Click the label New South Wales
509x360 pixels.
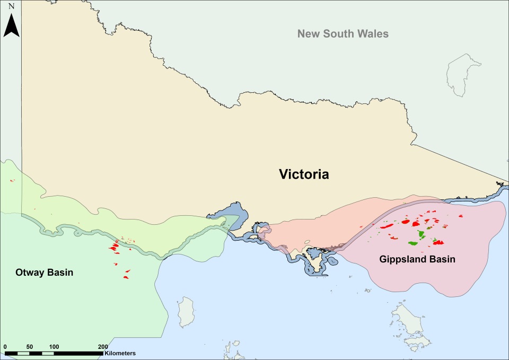click(x=343, y=34)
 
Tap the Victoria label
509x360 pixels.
click(x=304, y=174)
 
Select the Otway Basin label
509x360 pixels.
click(x=44, y=273)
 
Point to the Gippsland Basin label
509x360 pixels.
click(x=417, y=260)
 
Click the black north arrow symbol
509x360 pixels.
click(x=11, y=25)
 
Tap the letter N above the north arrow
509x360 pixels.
click(x=11, y=6)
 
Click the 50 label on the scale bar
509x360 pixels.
click(x=30, y=346)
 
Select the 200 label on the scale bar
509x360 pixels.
click(x=103, y=346)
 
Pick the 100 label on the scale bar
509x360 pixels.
click(x=54, y=346)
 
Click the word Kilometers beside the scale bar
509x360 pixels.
click(x=120, y=353)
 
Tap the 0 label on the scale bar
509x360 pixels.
click(x=5, y=346)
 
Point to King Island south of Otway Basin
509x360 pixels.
click(x=186, y=313)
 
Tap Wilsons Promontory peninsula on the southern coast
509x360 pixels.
click(x=317, y=262)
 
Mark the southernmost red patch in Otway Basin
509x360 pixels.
click(x=126, y=277)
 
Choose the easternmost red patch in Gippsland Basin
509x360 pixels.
click(x=460, y=216)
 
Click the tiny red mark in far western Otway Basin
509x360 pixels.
click(x=12, y=181)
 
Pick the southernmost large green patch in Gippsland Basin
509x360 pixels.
click(x=413, y=243)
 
